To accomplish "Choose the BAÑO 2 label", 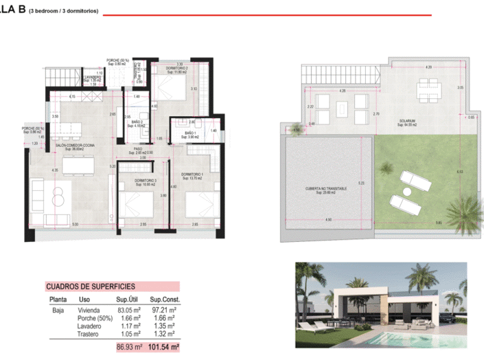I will (137, 122).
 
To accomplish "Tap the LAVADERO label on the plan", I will (92, 77).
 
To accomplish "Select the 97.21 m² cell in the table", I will (164, 311).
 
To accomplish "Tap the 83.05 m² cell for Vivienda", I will (128, 311).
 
